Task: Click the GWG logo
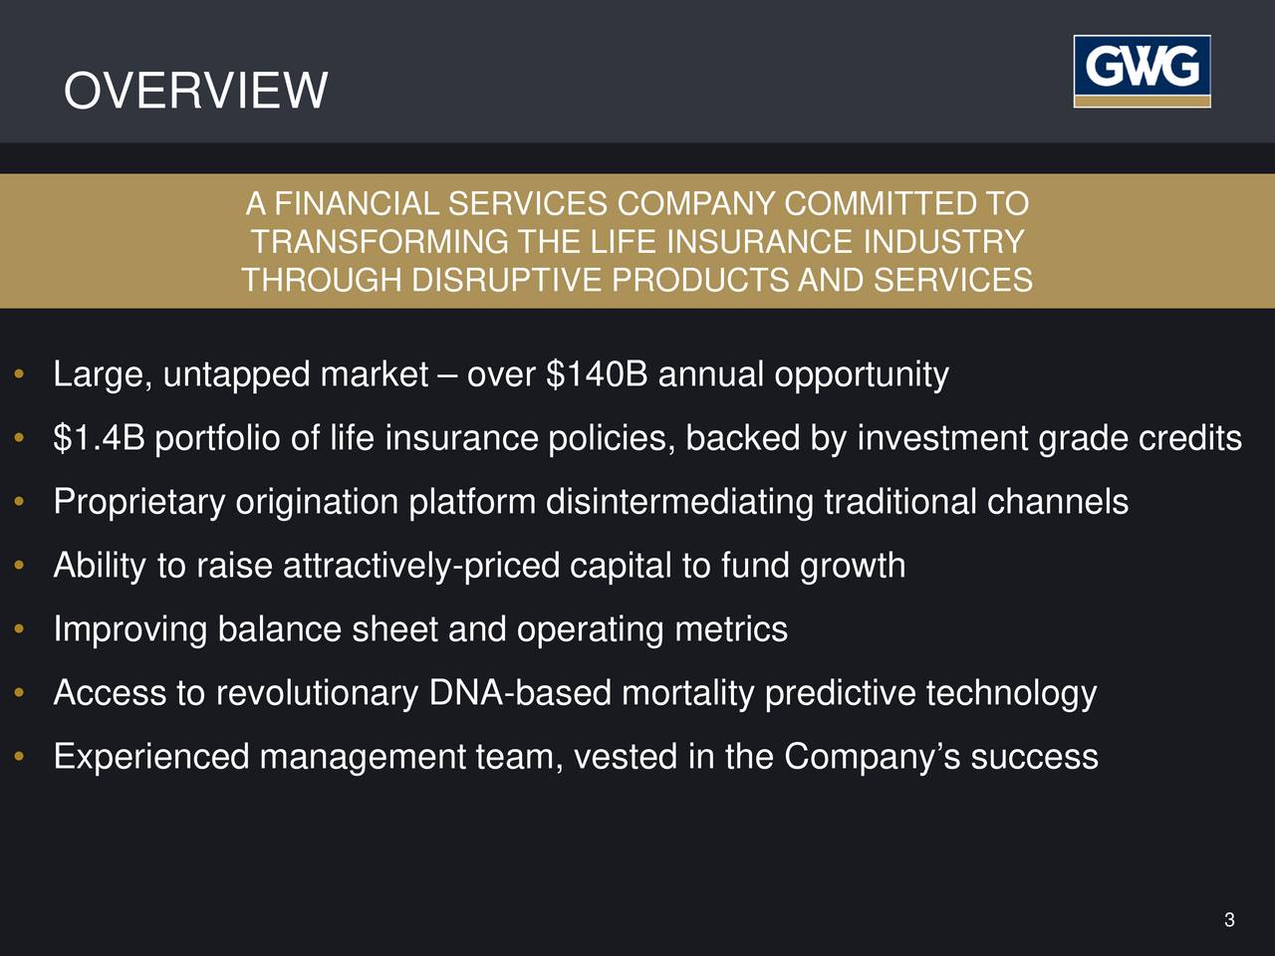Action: (1142, 71)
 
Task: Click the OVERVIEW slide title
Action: (195, 91)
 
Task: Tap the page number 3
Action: (1229, 920)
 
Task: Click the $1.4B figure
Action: (100, 438)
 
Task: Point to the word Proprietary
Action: (139, 502)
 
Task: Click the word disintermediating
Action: (680, 502)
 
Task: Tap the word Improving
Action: (129, 629)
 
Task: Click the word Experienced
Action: (150, 757)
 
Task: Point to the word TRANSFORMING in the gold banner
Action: (380, 242)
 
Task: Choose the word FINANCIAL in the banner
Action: (356, 204)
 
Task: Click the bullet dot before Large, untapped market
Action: (19, 376)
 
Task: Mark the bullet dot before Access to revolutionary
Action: (19, 694)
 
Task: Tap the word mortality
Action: (687, 693)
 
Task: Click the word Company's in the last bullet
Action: (872, 757)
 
